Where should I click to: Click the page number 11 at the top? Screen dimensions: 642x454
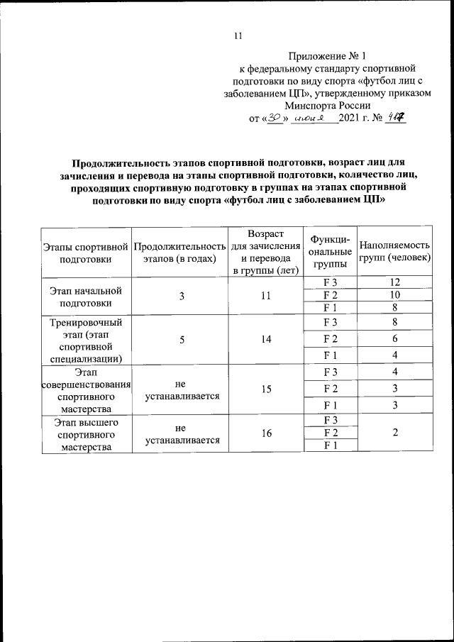238,36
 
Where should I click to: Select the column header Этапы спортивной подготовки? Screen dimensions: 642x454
85,252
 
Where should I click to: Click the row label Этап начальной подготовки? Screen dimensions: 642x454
85,296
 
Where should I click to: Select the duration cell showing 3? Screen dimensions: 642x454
182,296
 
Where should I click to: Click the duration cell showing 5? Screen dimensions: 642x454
182,339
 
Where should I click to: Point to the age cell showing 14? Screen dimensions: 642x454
266,339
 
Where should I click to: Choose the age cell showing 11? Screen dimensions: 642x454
266,296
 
